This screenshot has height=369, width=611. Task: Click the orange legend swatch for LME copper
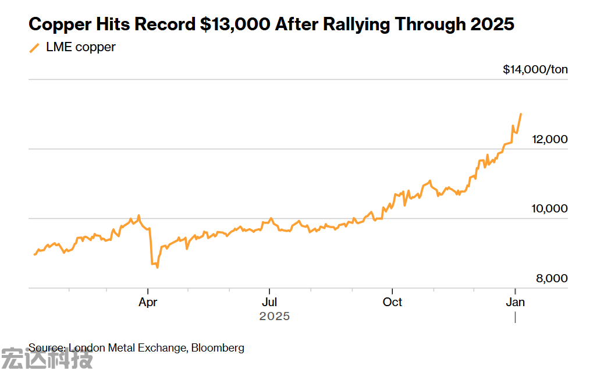tap(34, 48)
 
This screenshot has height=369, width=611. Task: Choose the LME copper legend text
tap(80, 47)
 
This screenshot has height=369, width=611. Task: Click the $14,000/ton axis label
tap(535, 70)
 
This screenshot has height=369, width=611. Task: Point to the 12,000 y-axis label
tap(550, 140)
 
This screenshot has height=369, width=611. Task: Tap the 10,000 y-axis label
tap(550, 209)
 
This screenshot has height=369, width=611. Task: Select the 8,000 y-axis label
tap(552, 279)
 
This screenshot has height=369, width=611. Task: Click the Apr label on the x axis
tap(148, 302)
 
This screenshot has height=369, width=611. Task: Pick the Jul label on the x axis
tap(269, 302)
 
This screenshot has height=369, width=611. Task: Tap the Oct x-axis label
tap(393, 302)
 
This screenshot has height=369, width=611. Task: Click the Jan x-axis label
tap(515, 302)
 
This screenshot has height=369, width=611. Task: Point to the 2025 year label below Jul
tap(274, 317)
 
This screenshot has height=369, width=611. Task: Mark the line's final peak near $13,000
tap(521, 114)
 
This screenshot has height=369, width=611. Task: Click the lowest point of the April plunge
tap(157, 268)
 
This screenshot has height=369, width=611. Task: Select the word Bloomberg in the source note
tap(218, 348)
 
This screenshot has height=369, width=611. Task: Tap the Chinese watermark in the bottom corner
tap(47, 358)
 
